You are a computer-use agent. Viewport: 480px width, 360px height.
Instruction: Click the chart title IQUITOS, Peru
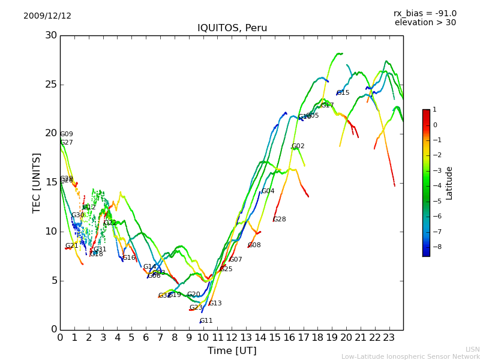click(x=232, y=28)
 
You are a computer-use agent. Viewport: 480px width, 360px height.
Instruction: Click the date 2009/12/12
click(x=47, y=16)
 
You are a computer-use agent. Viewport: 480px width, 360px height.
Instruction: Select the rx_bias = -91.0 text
click(x=425, y=13)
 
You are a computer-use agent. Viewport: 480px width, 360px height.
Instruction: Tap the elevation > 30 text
click(x=425, y=23)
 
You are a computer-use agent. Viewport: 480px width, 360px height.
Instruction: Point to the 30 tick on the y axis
click(x=51, y=35)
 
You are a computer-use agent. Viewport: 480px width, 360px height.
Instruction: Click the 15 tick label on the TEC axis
click(x=51, y=182)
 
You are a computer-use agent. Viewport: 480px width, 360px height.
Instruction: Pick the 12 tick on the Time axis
click(x=232, y=338)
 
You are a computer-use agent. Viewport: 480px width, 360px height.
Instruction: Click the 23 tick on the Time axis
click(x=389, y=338)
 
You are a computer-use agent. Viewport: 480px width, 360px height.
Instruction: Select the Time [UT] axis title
click(x=232, y=351)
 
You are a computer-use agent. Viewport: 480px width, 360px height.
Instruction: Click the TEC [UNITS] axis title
click(x=37, y=182)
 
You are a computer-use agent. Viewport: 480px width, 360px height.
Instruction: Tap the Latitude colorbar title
click(x=449, y=183)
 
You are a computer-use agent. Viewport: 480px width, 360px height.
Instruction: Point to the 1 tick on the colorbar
click(x=434, y=110)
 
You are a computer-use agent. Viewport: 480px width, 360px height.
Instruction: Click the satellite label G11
click(x=206, y=321)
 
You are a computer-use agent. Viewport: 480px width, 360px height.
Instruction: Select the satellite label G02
click(x=298, y=146)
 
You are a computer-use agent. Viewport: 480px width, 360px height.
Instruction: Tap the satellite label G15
click(x=343, y=93)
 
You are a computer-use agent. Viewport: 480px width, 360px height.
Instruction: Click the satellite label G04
click(x=268, y=191)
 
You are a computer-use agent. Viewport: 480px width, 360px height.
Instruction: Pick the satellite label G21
click(x=72, y=246)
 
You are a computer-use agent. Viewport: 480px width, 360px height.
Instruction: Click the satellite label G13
click(x=215, y=304)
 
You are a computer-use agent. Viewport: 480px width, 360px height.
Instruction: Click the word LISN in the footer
click(x=473, y=349)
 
